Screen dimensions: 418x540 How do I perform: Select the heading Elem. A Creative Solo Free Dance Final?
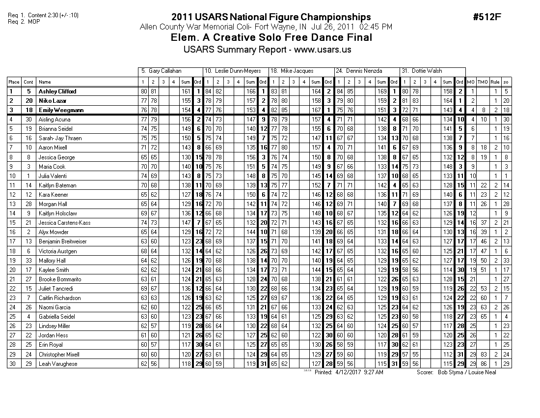click(x=271, y=38)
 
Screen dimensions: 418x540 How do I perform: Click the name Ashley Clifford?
click(x=57, y=91)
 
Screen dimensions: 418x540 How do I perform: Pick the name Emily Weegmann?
click(x=59, y=110)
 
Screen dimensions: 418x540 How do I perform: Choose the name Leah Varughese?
click(x=58, y=364)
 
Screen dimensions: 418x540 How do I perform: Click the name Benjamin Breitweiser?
click(x=63, y=241)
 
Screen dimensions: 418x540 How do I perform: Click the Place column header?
click(x=14, y=82)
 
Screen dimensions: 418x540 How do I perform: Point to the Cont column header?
click(x=29, y=82)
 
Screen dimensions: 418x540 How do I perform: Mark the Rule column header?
click(x=495, y=82)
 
